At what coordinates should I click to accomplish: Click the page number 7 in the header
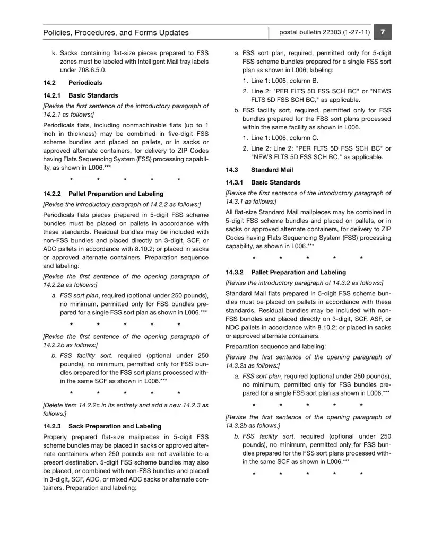click(x=383, y=32)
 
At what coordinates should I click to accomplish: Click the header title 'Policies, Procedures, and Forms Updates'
click(x=116, y=33)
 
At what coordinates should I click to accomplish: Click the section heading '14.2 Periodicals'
click(x=73, y=83)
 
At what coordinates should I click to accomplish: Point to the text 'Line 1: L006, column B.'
click(x=284, y=81)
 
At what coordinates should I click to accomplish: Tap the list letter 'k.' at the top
click(x=54, y=53)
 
